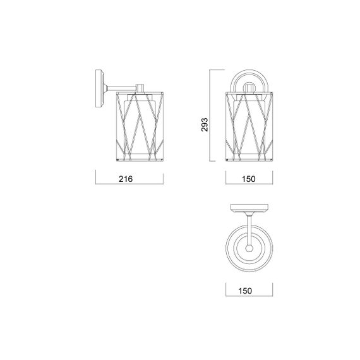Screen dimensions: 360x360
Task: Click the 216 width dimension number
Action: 125,179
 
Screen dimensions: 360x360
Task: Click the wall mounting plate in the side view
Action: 99,89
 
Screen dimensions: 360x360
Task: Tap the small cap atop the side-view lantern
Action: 140,88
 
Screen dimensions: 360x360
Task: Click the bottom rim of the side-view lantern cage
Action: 140,161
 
